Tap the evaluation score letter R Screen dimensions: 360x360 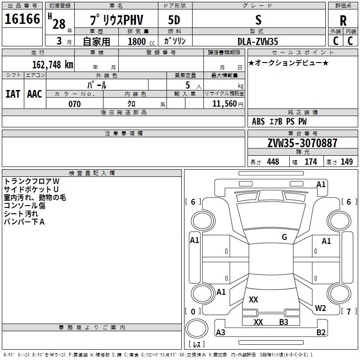tap(343, 20)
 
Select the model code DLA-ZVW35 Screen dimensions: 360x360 tap(258, 41)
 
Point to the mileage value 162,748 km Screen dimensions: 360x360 tap(53, 64)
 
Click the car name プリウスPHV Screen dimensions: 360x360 tap(114, 20)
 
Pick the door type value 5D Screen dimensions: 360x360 tap(174, 20)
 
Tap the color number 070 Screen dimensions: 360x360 tap(74, 104)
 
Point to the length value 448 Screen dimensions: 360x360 tap(273, 162)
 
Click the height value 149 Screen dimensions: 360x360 tap(346, 162)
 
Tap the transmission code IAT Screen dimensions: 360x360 tap(13, 94)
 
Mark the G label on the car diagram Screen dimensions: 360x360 tap(284, 237)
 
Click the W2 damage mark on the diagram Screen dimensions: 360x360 tap(320, 308)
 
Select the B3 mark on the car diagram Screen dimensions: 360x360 tap(283, 322)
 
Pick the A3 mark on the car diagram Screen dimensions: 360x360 tap(221, 333)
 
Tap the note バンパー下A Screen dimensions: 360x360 tap(24, 222)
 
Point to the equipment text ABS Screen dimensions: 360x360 tap(258, 121)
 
